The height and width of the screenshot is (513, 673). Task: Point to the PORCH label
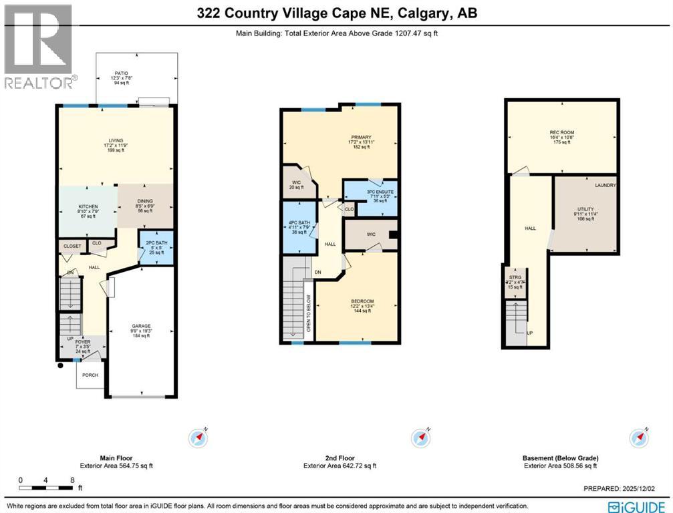click(90, 375)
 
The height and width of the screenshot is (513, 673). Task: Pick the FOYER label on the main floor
click(84, 342)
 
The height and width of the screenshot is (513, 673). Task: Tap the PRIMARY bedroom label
click(360, 138)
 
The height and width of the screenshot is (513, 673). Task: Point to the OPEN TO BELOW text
click(308, 313)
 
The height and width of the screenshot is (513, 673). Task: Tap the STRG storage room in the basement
click(515, 277)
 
